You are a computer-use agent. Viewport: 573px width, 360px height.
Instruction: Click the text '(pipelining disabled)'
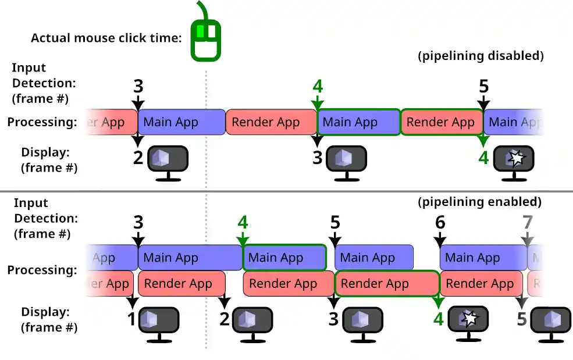[481, 56]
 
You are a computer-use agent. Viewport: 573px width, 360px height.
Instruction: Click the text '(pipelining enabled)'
[480, 202]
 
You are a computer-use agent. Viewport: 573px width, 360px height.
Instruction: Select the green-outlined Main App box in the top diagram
[358, 122]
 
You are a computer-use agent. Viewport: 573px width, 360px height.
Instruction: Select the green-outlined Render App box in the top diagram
[441, 122]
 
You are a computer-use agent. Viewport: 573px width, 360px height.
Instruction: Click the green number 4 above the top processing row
[317, 87]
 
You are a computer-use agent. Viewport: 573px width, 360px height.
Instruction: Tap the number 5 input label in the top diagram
[483, 87]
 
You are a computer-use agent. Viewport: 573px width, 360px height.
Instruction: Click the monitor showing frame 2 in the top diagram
[168, 161]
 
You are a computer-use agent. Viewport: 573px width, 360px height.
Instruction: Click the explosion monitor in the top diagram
[514, 161]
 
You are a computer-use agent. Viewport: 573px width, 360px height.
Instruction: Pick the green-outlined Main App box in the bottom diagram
[284, 258]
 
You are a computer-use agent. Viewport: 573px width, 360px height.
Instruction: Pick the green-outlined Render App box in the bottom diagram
[386, 284]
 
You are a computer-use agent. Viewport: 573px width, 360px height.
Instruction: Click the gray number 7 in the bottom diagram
[527, 223]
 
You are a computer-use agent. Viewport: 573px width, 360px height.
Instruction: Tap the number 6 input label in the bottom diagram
[440, 223]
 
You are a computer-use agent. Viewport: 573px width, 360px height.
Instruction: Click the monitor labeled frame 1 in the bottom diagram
[158, 322]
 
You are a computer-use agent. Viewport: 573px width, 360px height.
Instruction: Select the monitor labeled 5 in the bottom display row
[549, 322]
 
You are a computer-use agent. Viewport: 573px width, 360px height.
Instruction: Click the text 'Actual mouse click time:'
[106, 38]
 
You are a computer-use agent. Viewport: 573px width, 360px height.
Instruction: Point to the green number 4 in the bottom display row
[439, 319]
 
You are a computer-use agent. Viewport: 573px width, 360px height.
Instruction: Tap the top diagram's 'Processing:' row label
[42, 122]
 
